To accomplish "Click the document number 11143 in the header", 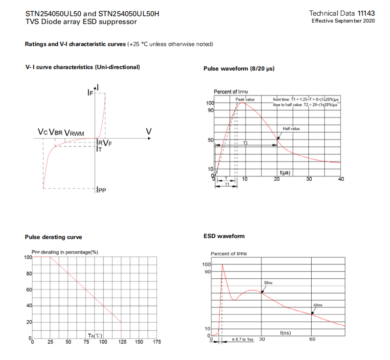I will click(366, 13).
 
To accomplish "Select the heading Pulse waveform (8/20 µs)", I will click(239, 69).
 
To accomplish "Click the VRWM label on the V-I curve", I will click(74, 133).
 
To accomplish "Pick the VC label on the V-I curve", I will click(43, 133).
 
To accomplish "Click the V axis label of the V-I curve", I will click(149, 131).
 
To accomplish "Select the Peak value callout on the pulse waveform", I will click(245, 99).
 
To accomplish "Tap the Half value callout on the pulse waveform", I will click(291, 128).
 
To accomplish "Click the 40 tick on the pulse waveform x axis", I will click(341, 179).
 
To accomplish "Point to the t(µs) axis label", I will click(285, 173).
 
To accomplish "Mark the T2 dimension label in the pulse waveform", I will click(246, 143).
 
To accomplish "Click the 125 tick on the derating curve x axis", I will click(121, 342).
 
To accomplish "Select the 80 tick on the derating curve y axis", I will click(29, 273).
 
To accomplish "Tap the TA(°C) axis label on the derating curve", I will click(95, 336).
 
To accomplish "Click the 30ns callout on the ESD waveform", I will click(268, 283).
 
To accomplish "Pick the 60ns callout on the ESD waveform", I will click(318, 305).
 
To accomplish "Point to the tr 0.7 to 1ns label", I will click(243, 339).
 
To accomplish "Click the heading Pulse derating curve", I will click(53, 237).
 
